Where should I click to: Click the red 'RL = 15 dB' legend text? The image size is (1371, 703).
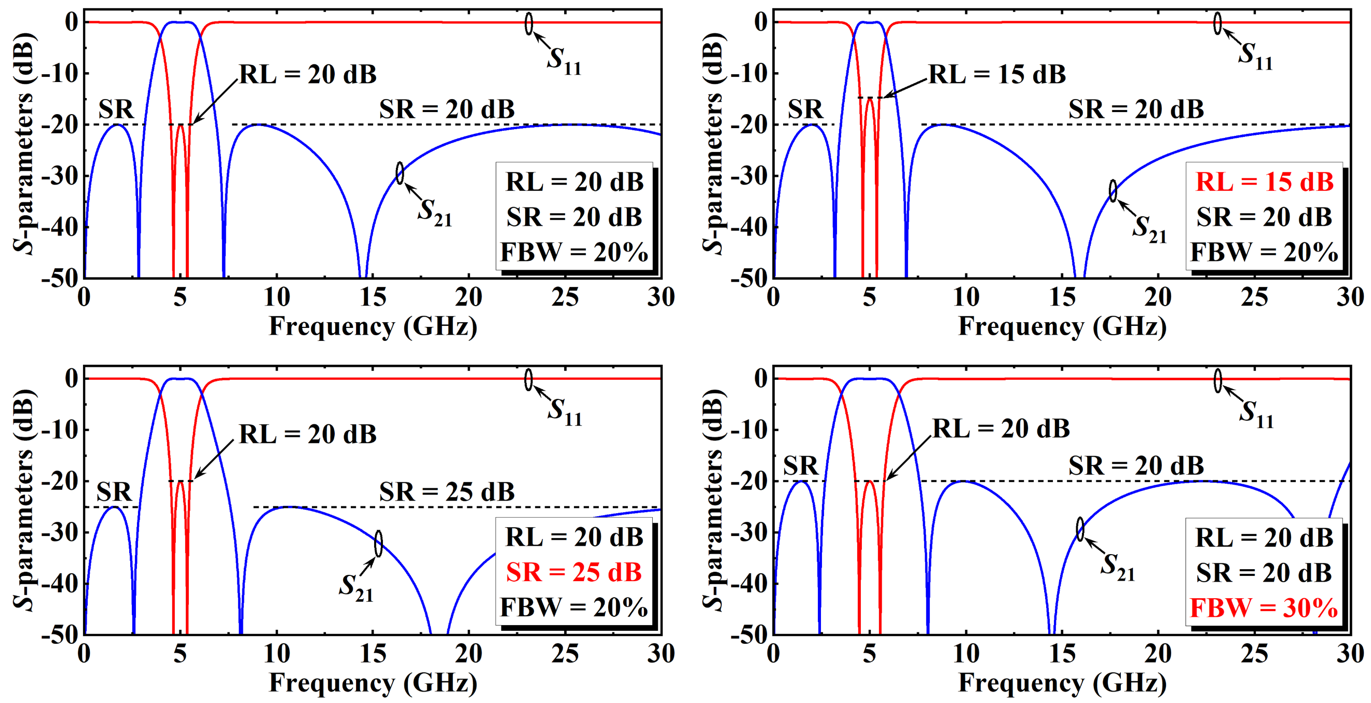click(1264, 182)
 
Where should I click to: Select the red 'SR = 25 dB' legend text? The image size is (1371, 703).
click(574, 573)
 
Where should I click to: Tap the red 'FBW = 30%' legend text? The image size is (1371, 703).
click(1264, 608)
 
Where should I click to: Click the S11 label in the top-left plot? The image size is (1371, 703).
click(564, 60)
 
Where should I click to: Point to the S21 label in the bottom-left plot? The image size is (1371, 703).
click(356, 587)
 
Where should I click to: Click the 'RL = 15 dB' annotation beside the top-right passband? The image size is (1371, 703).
click(997, 74)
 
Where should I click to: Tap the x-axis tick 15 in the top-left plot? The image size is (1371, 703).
click(373, 297)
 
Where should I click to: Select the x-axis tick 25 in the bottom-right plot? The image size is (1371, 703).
click(1254, 654)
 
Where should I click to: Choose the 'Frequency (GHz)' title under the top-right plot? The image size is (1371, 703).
click(1062, 326)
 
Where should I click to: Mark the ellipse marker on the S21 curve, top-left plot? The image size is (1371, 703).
click(400, 173)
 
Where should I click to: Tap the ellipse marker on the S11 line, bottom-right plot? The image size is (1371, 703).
click(1218, 380)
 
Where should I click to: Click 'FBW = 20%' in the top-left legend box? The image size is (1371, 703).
click(574, 252)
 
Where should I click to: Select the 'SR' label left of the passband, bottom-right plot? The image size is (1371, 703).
click(801, 466)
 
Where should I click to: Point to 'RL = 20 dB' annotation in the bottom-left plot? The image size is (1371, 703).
click(308, 434)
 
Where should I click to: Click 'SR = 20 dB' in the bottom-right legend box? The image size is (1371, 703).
click(1264, 573)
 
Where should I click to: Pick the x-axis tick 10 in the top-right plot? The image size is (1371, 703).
click(965, 297)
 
